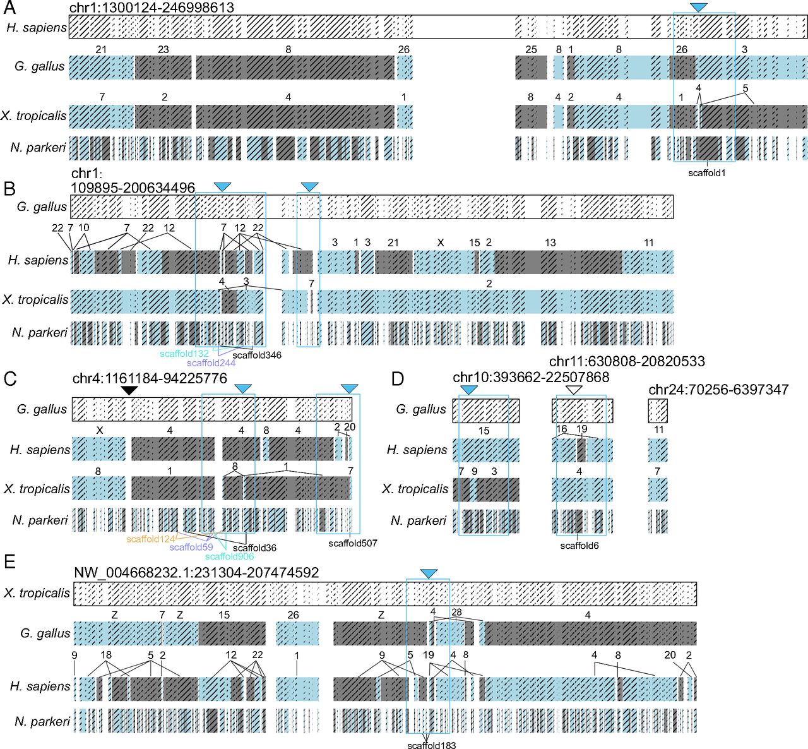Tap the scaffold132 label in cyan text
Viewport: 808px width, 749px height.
click(x=184, y=354)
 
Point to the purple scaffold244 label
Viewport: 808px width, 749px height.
click(x=211, y=363)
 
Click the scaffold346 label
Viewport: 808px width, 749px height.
click(x=257, y=355)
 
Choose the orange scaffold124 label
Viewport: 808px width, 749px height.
click(x=150, y=539)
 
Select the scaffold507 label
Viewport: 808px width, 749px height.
click(x=352, y=543)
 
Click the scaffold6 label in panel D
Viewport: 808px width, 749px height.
click(x=579, y=546)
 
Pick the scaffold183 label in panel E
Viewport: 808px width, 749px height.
click(x=431, y=745)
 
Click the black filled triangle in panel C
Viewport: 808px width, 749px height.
click(x=129, y=391)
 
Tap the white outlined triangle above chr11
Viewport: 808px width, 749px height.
click(x=573, y=391)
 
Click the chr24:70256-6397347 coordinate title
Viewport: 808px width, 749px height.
click(x=718, y=390)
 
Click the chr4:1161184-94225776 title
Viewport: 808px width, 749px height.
click(x=150, y=379)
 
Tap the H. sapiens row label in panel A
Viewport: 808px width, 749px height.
click(x=36, y=28)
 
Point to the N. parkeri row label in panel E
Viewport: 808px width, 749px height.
click(x=42, y=721)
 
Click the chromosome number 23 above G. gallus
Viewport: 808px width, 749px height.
click(x=163, y=49)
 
